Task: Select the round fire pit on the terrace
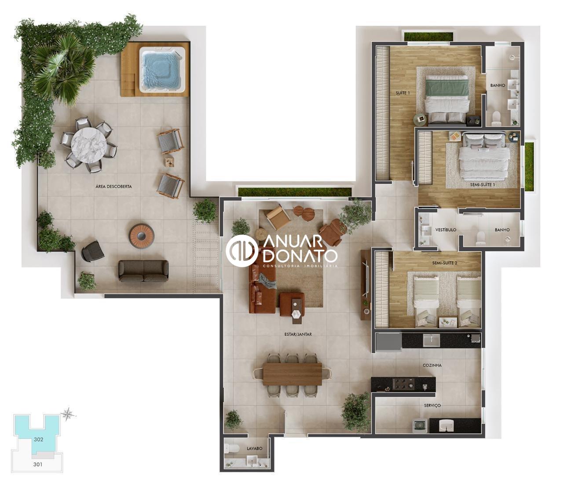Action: pyautogui.click(x=142, y=236)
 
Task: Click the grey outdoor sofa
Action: pyautogui.click(x=143, y=271)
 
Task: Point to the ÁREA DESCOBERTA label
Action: pyautogui.click(x=113, y=187)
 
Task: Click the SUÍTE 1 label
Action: pyautogui.click(x=402, y=93)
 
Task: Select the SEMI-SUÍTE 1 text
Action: pyautogui.click(x=483, y=184)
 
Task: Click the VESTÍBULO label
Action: pyautogui.click(x=446, y=230)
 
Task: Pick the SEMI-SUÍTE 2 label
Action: pyautogui.click(x=445, y=263)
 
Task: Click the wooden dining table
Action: pyautogui.click(x=292, y=374)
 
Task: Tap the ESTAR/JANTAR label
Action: pyautogui.click(x=298, y=334)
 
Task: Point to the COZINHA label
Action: pyautogui.click(x=432, y=365)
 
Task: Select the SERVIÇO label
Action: pyautogui.click(x=432, y=406)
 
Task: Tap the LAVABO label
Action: pyautogui.click(x=255, y=448)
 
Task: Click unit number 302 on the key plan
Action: pyautogui.click(x=39, y=440)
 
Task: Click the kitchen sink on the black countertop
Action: pyautogui.click(x=431, y=341)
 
